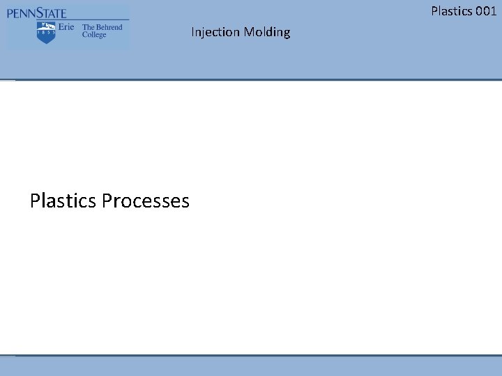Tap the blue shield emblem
[46, 32]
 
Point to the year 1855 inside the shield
[46, 32]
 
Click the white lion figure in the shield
[46, 25]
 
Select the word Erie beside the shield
[66, 27]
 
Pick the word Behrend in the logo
[109, 27]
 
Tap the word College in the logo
[94, 35]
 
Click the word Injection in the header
[215, 32]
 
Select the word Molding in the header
[267, 32]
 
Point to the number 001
[487, 10]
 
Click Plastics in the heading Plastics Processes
[63, 201]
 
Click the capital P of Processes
[107, 201]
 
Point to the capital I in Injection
[192, 32]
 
